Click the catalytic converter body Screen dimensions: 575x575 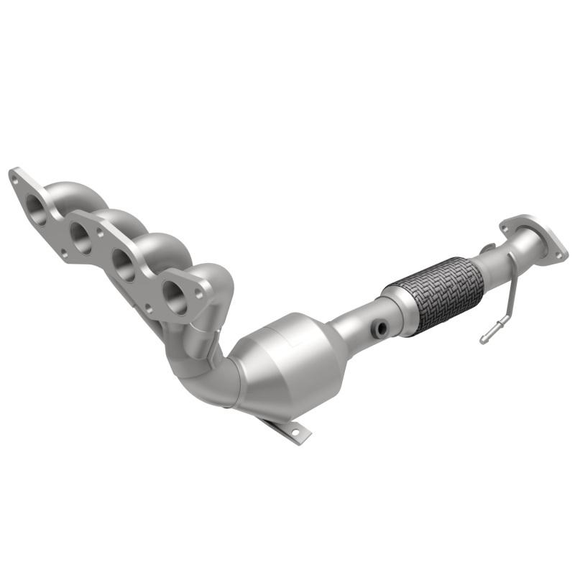click(287, 367)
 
